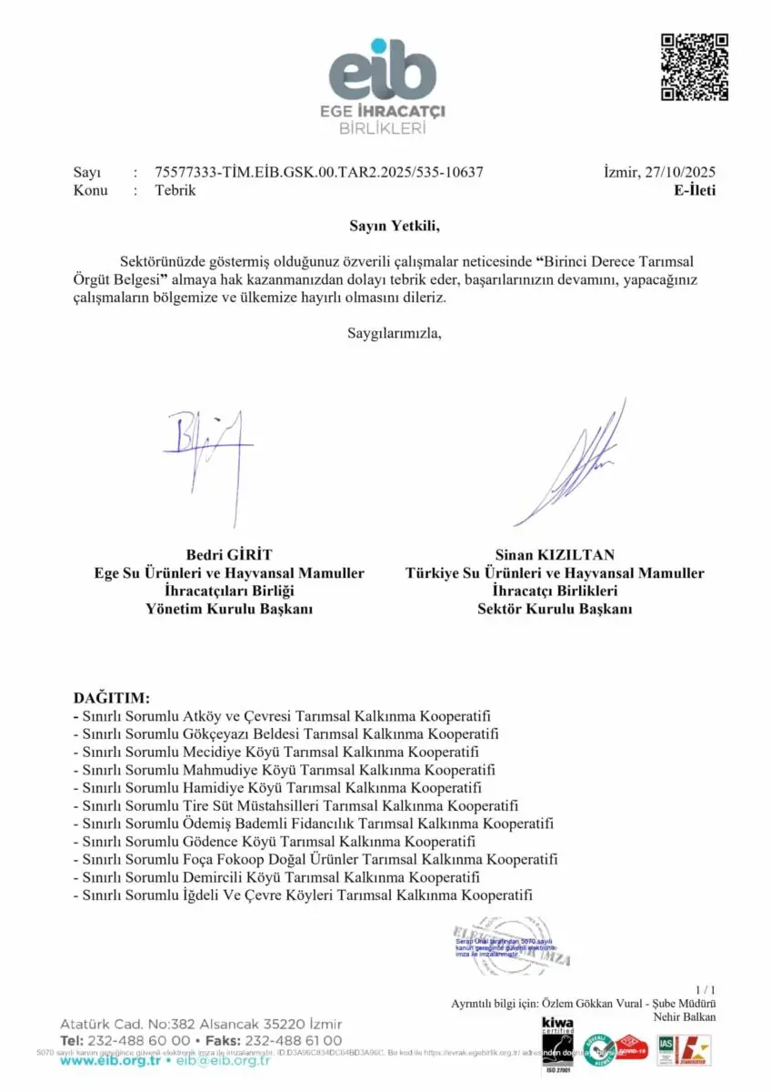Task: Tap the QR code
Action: point(694,66)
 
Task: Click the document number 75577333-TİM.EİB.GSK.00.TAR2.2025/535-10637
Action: point(319,172)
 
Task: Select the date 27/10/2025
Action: point(680,172)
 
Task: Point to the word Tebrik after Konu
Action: point(175,190)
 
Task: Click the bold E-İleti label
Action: point(695,190)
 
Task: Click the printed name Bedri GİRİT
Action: point(229,554)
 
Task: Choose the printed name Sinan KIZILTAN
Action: point(555,554)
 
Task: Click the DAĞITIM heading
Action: point(111,698)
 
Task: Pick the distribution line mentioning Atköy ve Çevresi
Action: point(282,716)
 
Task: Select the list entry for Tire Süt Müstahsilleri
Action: point(295,805)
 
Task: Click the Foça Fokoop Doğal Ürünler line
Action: point(315,858)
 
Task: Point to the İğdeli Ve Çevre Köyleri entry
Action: point(302,895)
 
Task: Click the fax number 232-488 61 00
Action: point(295,1040)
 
